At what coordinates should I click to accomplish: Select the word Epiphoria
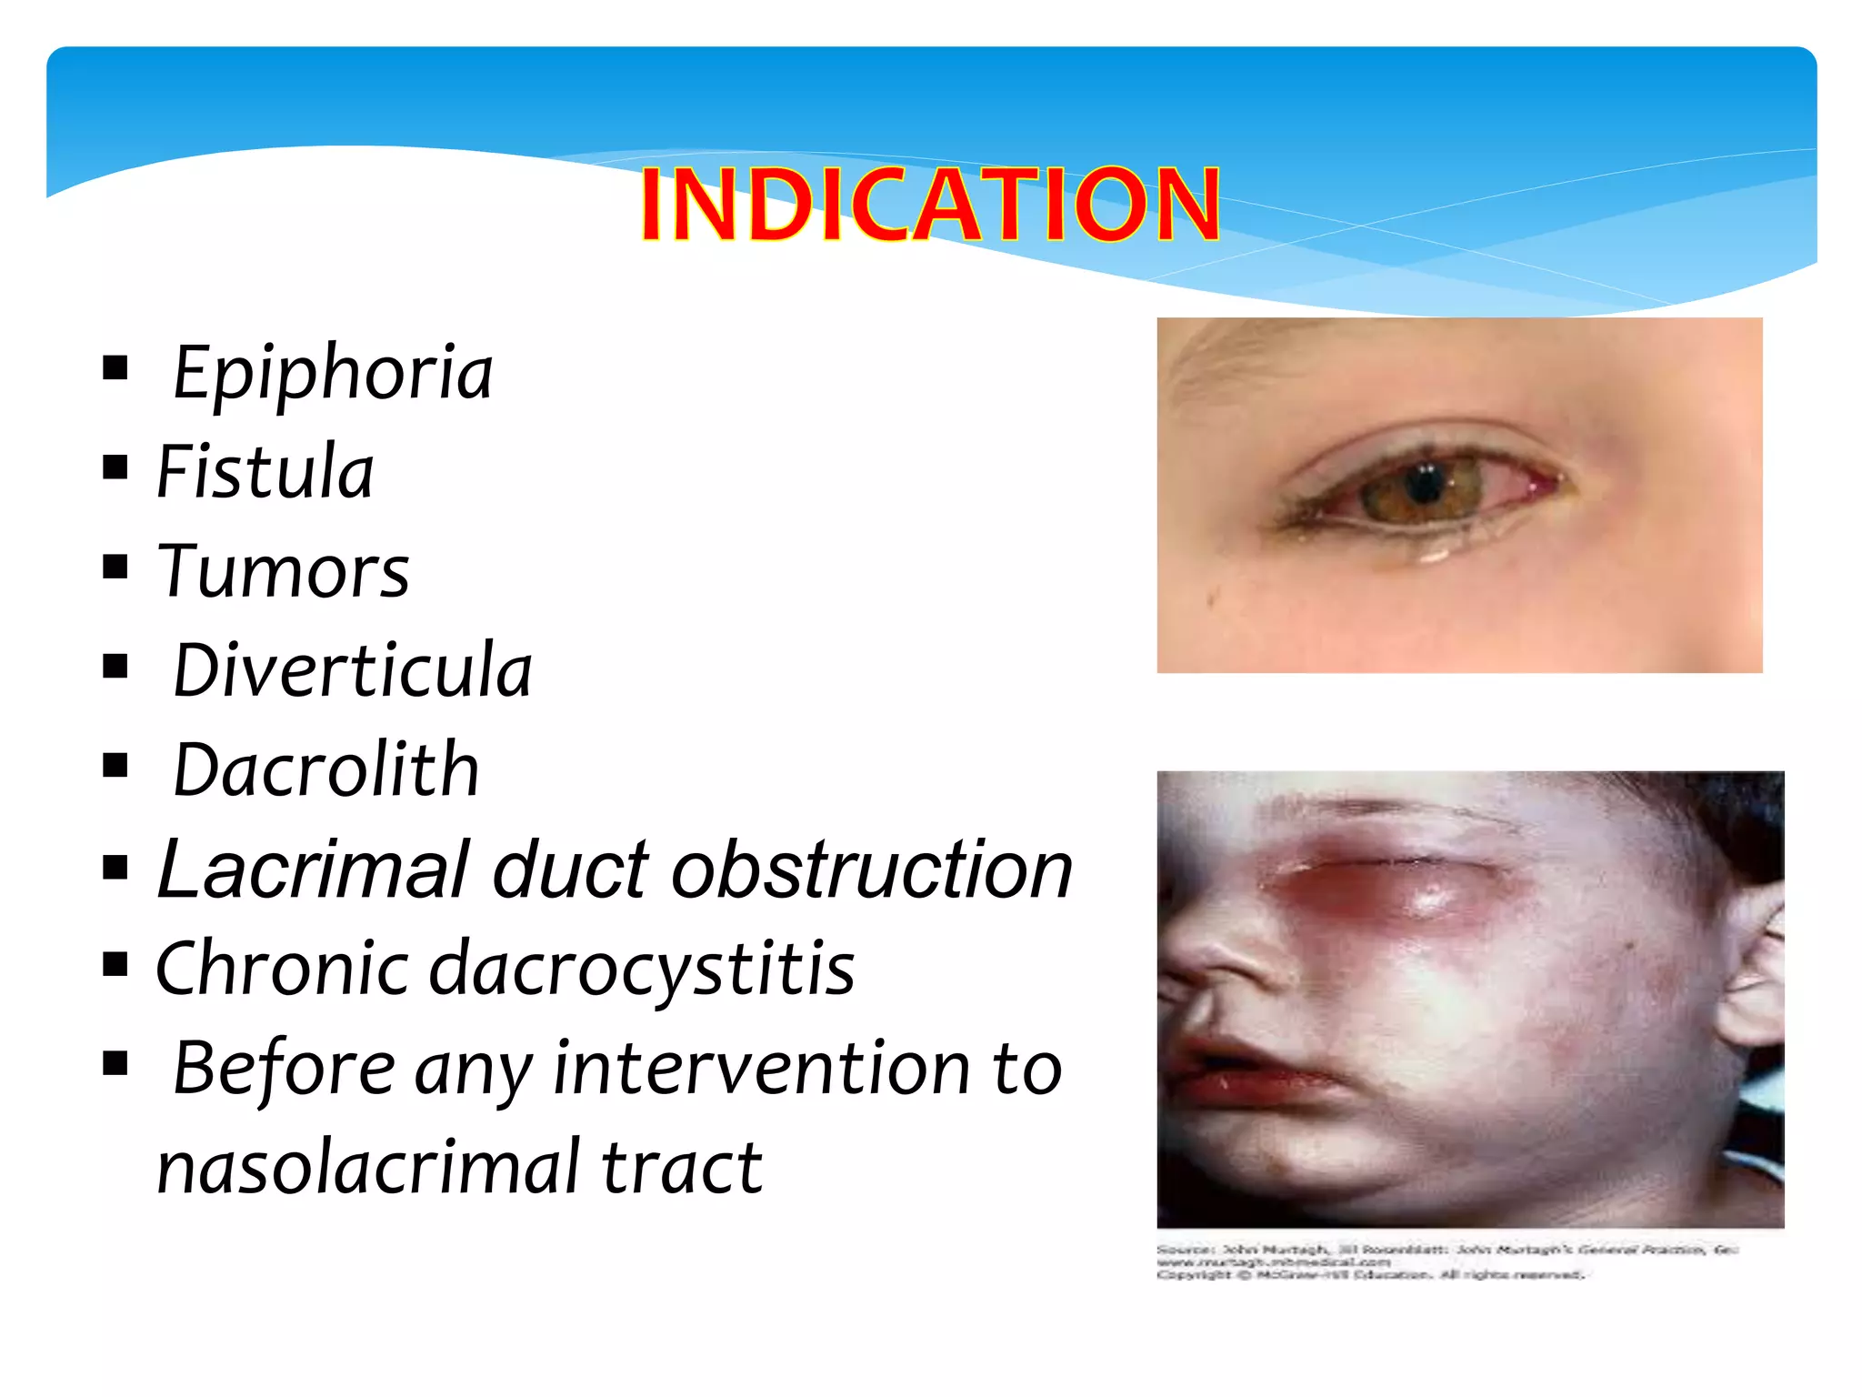[332, 373]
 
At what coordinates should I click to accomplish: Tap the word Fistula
[265, 472]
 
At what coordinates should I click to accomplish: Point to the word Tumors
[283, 571]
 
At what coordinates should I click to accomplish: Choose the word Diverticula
[352, 670]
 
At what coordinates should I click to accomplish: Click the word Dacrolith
[325, 770]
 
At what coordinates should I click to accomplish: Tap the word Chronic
[283, 969]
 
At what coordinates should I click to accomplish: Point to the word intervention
[762, 1068]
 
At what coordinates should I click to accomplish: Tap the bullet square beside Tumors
[115, 568]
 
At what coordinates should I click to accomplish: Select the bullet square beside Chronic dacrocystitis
[115, 964]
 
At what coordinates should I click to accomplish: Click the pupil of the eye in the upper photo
[1425, 482]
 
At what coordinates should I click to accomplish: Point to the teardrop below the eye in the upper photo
[1435, 553]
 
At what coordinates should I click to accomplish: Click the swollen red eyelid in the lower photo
[1400, 887]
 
